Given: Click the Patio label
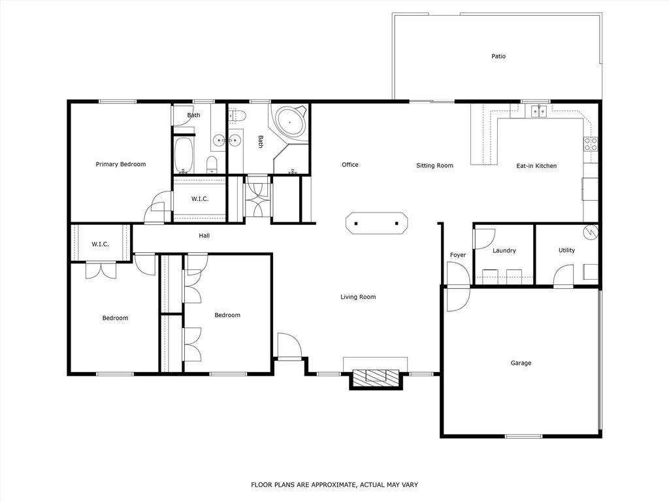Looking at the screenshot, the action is [498, 56].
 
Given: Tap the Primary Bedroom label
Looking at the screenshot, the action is [121, 164].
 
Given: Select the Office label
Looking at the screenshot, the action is [350, 165].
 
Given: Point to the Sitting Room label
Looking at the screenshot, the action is [434, 165].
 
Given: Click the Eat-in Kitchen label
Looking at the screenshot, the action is [536, 166].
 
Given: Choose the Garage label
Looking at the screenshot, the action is [521, 363].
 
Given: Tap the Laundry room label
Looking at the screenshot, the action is [504, 250].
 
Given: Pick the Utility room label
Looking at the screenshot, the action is [566, 250].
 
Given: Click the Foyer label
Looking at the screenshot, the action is [458, 255].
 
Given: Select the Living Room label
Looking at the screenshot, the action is [358, 297].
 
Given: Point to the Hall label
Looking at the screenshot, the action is [204, 235].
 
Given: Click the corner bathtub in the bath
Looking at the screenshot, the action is [290, 122].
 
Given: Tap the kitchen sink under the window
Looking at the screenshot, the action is [538, 111].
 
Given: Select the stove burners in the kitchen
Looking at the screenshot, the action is [591, 144].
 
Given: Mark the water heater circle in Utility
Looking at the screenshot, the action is [591, 232].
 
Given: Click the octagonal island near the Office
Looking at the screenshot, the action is [376, 224].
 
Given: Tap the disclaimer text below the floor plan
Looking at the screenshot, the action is [334, 484].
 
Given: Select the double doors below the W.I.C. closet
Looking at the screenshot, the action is [101, 271].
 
